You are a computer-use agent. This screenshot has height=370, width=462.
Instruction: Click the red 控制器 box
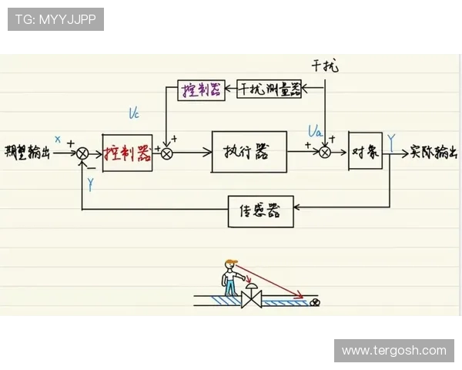click(x=127, y=152)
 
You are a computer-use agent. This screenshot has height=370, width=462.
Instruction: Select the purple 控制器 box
click(x=200, y=89)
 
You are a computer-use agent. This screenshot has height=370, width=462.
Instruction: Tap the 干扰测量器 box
click(x=269, y=89)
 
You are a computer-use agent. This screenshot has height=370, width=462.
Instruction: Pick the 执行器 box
click(x=249, y=152)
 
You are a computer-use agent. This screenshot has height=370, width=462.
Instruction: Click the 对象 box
click(x=365, y=151)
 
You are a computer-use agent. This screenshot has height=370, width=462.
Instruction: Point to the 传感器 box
click(x=261, y=211)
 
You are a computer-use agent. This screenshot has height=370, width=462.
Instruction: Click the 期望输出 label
click(x=27, y=152)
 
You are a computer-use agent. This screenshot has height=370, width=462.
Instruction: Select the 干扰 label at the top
click(x=324, y=66)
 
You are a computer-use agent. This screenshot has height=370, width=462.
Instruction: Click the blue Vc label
click(x=134, y=114)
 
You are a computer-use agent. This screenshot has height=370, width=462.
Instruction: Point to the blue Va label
click(x=314, y=130)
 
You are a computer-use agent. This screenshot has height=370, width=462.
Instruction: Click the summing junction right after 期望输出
click(x=82, y=153)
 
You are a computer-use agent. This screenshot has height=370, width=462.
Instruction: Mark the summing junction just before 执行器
click(x=166, y=153)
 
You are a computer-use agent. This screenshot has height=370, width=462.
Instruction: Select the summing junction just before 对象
click(x=325, y=153)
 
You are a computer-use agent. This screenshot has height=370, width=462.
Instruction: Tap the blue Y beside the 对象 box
click(x=392, y=140)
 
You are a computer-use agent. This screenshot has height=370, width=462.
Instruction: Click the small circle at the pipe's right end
click(x=314, y=303)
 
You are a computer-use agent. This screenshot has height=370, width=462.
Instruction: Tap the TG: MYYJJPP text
click(x=55, y=19)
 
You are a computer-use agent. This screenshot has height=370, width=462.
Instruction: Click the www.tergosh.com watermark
click(x=393, y=350)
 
